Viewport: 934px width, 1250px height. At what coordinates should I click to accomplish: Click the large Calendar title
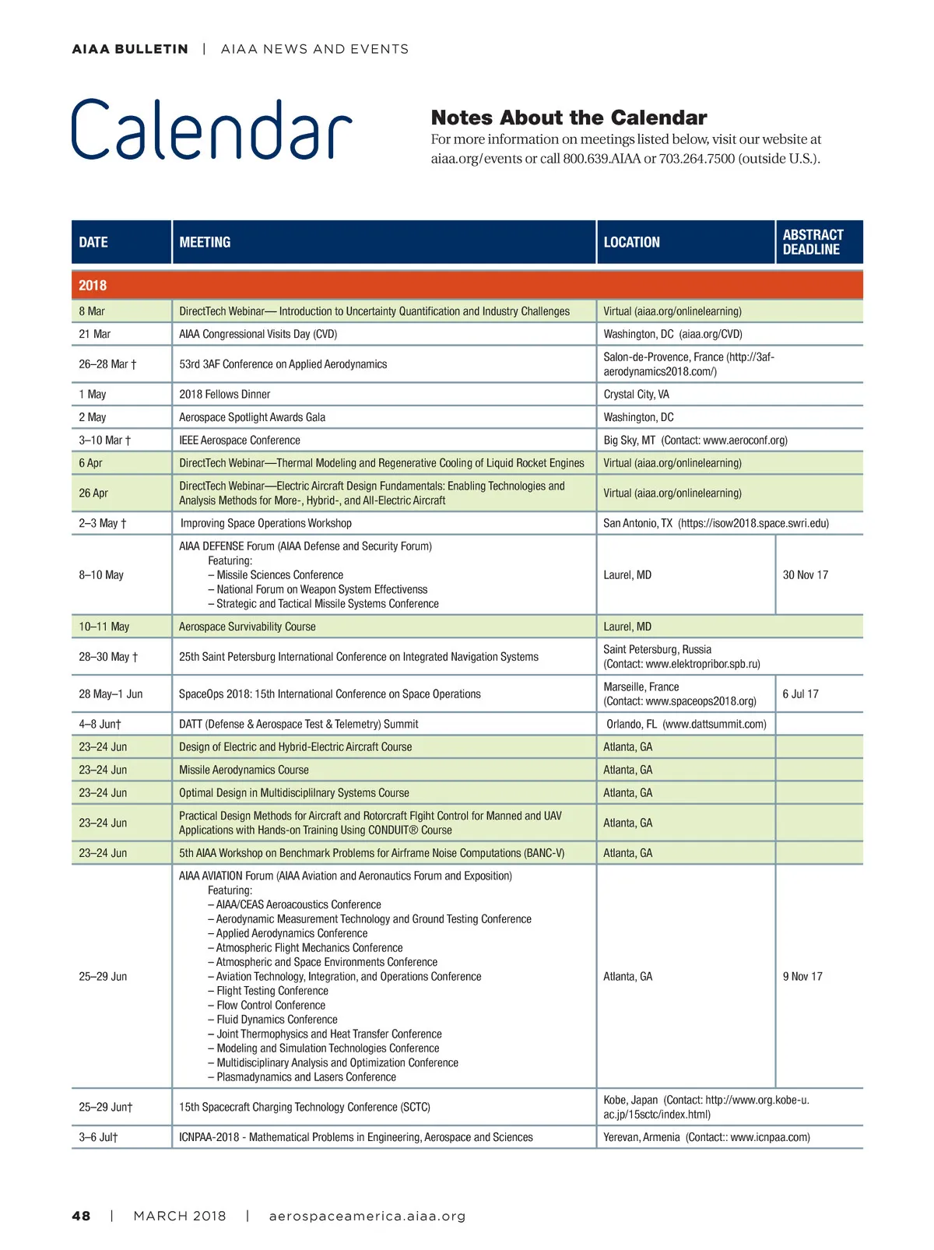click(212, 130)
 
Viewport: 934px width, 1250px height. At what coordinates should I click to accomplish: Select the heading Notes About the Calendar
click(568, 118)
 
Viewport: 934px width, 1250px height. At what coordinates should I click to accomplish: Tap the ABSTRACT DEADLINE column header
click(813, 242)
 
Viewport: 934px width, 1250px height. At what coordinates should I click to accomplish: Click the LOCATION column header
click(631, 242)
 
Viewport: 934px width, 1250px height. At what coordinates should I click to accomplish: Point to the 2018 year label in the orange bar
click(93, 286)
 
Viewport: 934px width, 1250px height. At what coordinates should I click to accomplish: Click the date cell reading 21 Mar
click(95, 334)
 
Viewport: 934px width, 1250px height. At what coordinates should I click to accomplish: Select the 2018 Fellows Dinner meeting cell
click(225, 395)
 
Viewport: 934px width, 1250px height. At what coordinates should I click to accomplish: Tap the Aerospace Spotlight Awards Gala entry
click(252, 417)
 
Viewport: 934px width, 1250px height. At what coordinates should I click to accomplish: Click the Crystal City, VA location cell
click(636, 395)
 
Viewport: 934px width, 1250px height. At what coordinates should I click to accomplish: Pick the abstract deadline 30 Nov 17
click(806, 575)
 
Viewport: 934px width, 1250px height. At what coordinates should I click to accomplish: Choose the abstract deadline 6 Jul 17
click(801, 694)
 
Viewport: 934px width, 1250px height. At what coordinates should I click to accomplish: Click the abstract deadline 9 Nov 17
click(802, 977)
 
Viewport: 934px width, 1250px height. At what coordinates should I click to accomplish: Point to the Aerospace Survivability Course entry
click(248, 627)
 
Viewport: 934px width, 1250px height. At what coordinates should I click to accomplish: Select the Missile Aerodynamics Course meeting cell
click(244, 770)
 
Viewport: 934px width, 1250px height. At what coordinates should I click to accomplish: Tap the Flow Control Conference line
click(270, 1006)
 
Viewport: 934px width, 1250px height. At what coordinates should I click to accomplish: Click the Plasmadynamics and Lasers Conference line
click(306, 1077)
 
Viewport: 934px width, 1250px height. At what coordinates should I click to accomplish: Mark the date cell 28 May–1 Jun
click(111, 694)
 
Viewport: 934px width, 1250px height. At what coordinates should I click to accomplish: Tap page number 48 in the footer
click(81, 1216)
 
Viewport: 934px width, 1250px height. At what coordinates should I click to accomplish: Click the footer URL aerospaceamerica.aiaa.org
click(367, 1216)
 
